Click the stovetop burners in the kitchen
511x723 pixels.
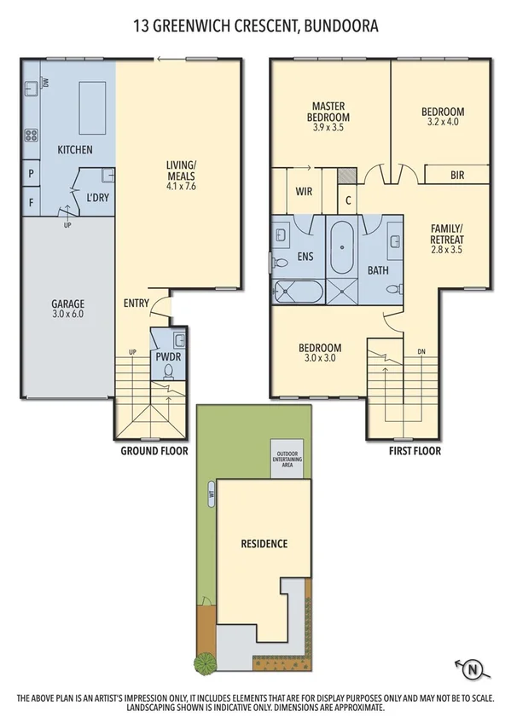coord(32,135)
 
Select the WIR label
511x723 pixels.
coord(305,193)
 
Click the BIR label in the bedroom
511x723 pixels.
coord(456,176)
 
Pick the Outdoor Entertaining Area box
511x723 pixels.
coord(287,460)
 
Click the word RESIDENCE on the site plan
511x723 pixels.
coord(264,543)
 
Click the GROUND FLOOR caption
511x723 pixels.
coord(154,450)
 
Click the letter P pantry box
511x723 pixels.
coord(32,174)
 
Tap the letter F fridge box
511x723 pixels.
coord(32,203)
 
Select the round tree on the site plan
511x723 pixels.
coord(205,662)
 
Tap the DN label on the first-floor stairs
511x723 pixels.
coord(421,351)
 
